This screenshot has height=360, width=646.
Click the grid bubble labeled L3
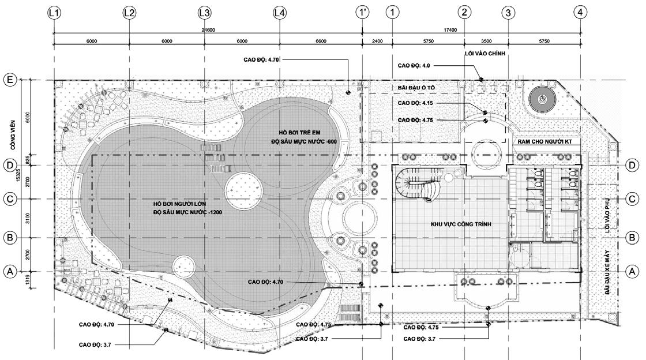coord(204,12)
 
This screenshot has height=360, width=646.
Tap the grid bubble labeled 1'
coord(362,12)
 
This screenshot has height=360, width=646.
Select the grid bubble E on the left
coord(9,80)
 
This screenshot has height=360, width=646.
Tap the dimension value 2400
coord(377,41)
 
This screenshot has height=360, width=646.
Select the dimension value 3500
coord(486,41)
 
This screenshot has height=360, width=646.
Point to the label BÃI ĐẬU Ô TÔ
coord(417,87)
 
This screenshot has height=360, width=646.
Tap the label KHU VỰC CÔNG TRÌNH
coord(461,224)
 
